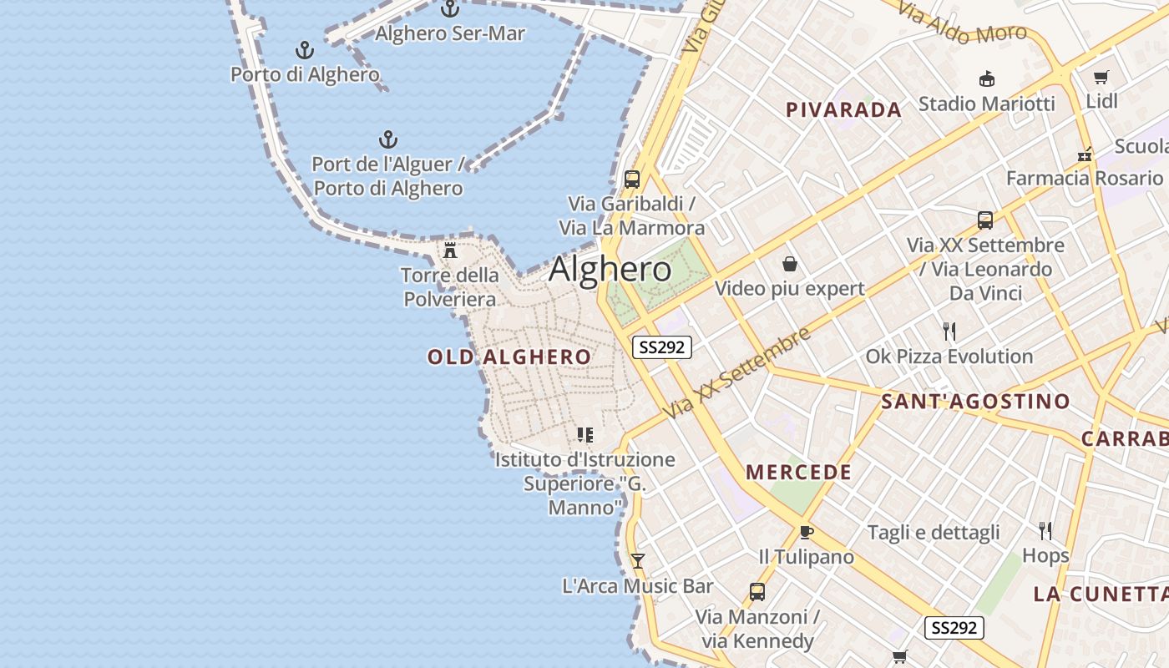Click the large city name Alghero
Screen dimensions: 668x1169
[x=610, y=269]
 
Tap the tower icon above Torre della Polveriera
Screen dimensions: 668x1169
[x=450, y=250]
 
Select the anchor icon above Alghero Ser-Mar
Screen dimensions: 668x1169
[x=450, y=9]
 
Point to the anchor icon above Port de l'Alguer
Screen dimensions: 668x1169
[x=387, y=139]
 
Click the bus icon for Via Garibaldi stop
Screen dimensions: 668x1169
[x=632, y=180]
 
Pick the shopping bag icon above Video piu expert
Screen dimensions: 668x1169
[x=790, y=265]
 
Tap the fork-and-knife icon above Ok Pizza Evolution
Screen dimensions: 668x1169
[x=949, y=331]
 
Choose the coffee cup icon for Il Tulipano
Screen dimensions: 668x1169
[x=806, y=532]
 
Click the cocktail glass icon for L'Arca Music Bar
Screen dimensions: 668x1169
[x=638, y=561]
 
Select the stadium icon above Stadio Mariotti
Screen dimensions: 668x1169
[x=987, y=79]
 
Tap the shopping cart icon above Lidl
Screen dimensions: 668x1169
[x=1101, y=78]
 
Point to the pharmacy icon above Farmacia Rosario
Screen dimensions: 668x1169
[x=1085, y=154]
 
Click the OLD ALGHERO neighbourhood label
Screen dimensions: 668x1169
[x=509, y=357]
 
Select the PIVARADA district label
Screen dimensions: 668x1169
[x=844, y=109]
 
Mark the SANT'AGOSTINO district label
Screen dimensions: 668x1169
[x=975, y=402]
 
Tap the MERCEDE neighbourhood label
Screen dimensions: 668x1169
[x=799, y=473]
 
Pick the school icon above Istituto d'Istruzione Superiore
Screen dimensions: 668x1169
[x=585, y=435]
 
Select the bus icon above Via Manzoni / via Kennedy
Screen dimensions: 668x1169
[x=757, y=592]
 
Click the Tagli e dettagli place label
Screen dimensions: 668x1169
[x=934, y=533]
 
